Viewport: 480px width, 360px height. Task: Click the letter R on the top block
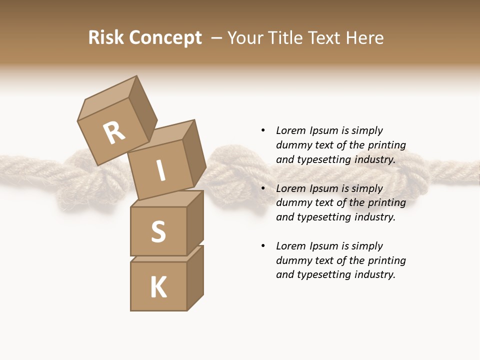[114, 133]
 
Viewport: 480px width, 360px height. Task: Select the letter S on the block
[158, 231]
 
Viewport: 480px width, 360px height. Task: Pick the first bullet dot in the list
[263, 130]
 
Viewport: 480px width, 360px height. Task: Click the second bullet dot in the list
[263, 188]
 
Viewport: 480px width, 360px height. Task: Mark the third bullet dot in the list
[263, 246]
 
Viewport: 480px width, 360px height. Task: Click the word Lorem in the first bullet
[290, 130]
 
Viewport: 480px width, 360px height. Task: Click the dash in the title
[216, 38]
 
